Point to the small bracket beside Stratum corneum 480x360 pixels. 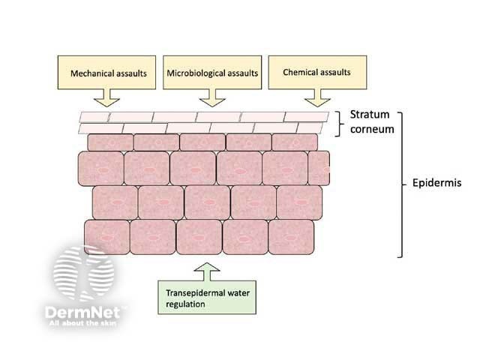339,122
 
